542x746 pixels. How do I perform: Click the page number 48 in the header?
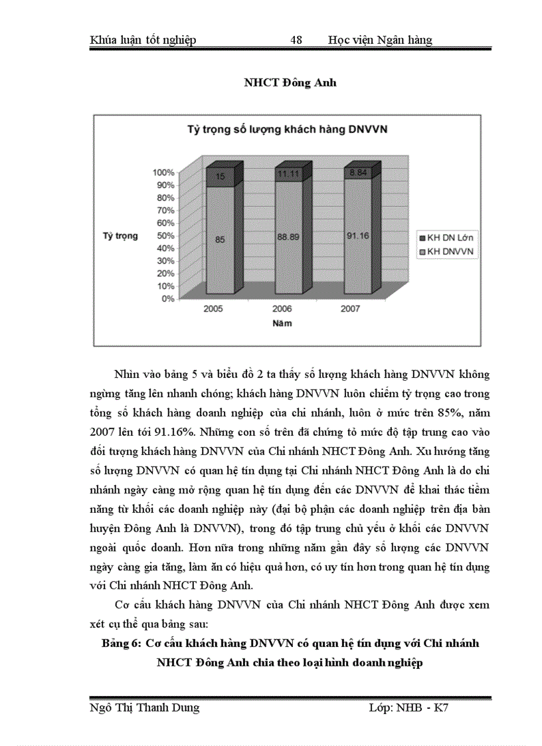click(296, 40)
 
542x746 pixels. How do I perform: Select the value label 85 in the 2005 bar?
click(220, 240)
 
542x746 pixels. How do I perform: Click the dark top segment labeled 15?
click(220, 176)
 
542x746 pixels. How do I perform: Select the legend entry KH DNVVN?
click(444, 251)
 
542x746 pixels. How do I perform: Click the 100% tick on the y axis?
click(163, 172)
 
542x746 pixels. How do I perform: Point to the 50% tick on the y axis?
click(165, 235)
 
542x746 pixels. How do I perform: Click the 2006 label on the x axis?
click(282, 310)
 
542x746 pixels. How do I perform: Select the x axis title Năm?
click(281, 324)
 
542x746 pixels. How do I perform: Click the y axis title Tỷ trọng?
click(120, 236)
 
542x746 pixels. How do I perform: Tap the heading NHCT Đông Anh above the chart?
click(290, 83)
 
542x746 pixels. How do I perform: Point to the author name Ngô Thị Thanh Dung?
click(144, 707)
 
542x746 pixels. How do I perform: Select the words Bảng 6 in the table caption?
click(121, 644)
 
